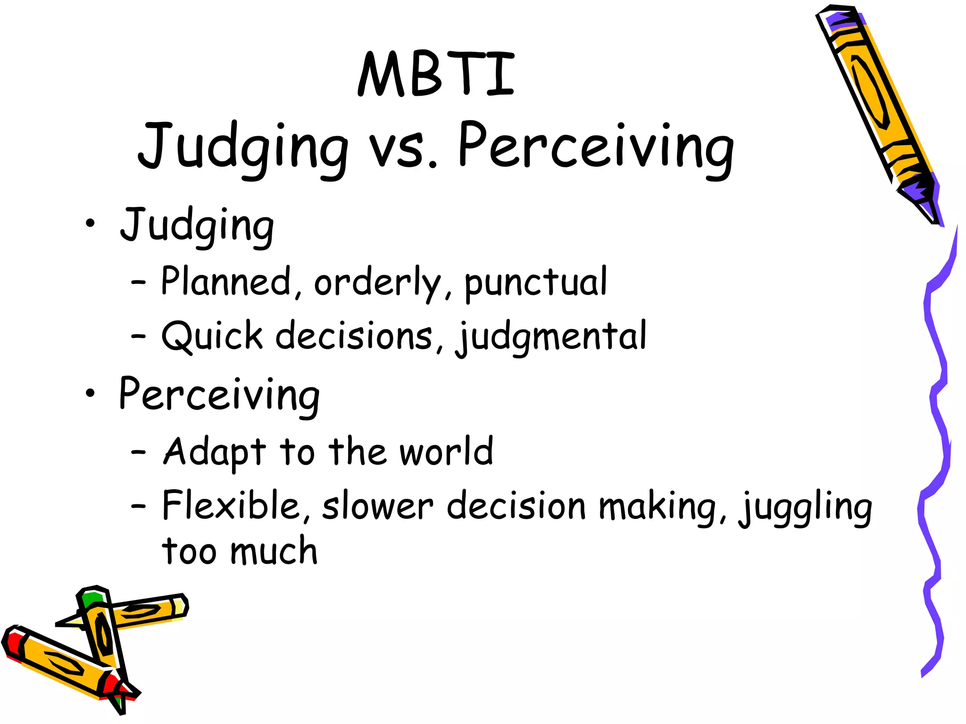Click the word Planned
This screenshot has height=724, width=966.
226,281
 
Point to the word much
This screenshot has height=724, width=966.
274,551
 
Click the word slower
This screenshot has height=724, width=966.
377,507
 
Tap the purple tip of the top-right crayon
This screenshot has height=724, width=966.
844,19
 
